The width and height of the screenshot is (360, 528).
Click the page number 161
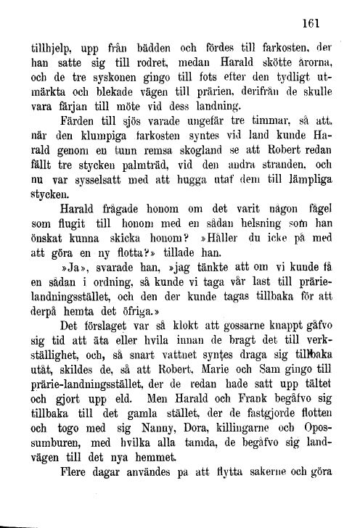tap(313, 23)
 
